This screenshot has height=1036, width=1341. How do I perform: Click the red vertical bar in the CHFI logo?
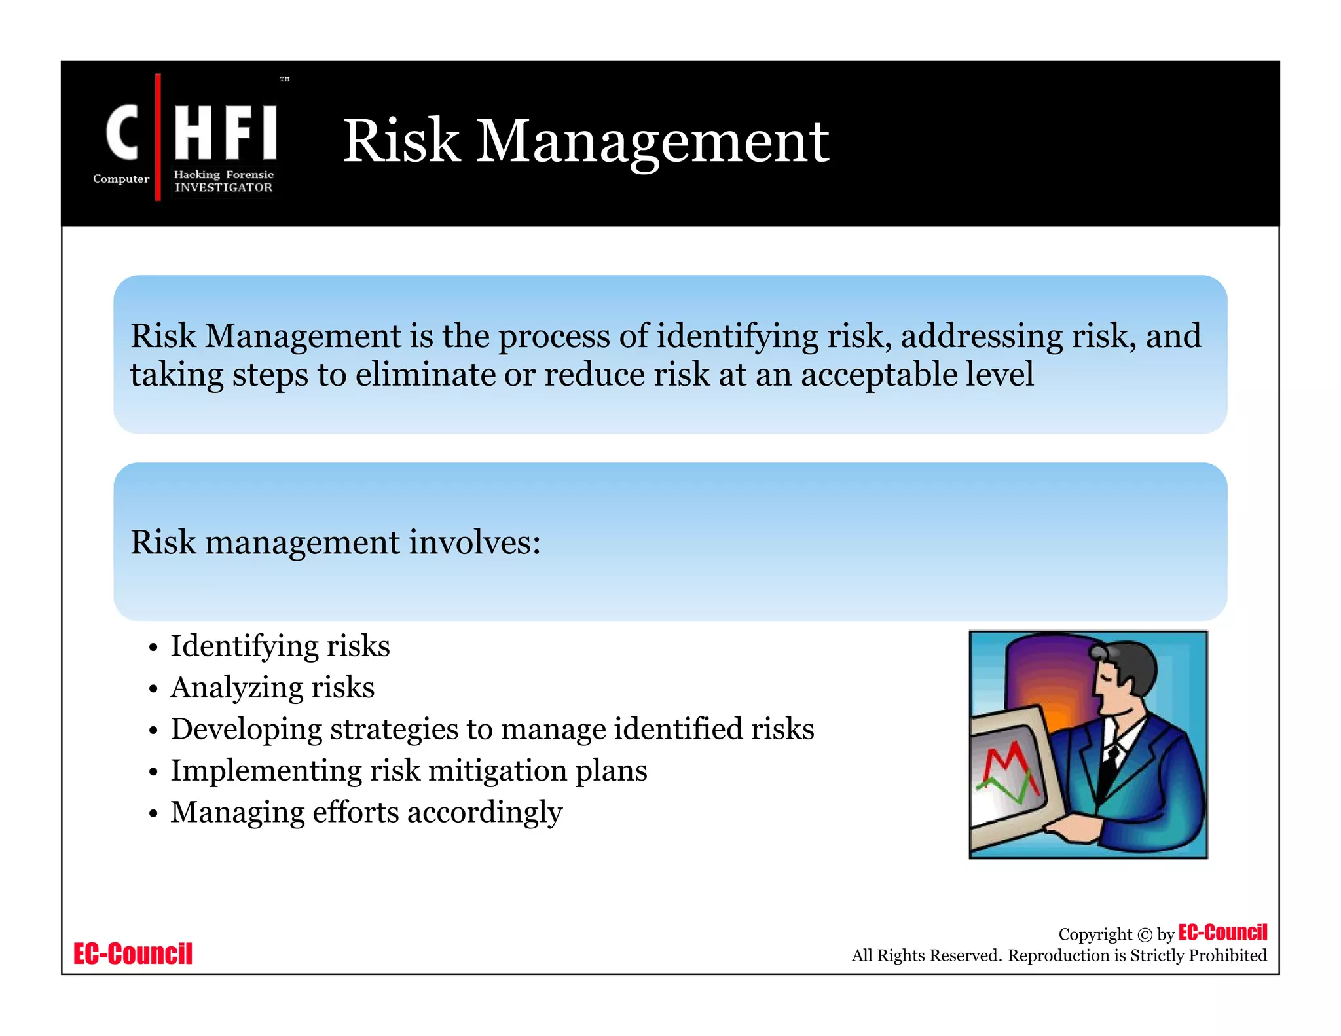click(x=158, y=137)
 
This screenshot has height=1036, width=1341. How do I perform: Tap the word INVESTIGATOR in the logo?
click(x=223, y=188)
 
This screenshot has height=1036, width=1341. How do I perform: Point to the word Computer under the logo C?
click(x=121, y=179)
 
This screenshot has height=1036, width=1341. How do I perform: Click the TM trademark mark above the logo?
click(x=285, y=79)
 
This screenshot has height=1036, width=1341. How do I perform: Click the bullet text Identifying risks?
click(x=280, y=646)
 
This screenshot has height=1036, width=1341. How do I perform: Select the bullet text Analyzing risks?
click(x=272, y=688)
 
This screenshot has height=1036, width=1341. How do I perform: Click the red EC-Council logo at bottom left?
click(x=133, y=954)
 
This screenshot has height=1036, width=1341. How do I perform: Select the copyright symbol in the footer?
click(x=1145, y=935)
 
